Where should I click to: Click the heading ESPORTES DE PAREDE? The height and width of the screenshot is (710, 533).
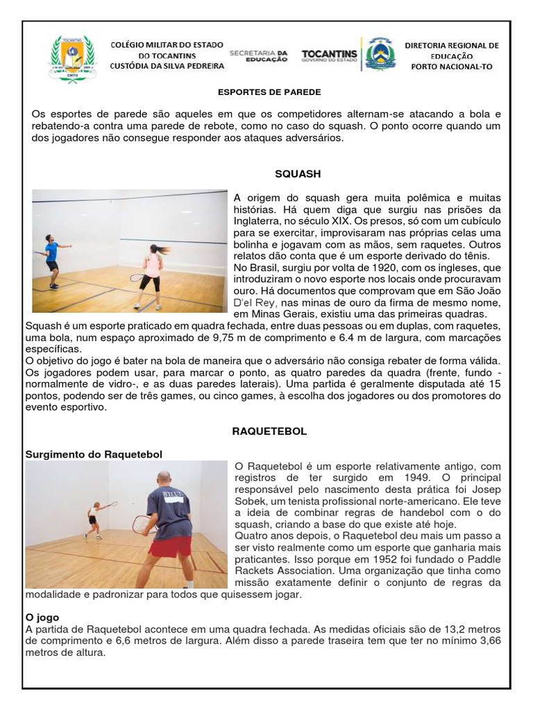[270, 92]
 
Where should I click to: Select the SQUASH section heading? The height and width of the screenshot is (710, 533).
[298, 174]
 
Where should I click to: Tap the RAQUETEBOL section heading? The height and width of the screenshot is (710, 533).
[269, 431]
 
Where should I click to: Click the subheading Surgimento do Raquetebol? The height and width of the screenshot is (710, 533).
[94, 454]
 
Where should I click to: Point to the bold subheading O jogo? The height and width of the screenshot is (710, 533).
[42, 617]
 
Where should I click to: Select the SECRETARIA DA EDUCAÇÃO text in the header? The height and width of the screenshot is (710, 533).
[258, 55]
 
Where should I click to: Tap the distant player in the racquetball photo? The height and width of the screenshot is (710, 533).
[93, 520]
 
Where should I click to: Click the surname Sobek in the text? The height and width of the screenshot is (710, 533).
[251, 501]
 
